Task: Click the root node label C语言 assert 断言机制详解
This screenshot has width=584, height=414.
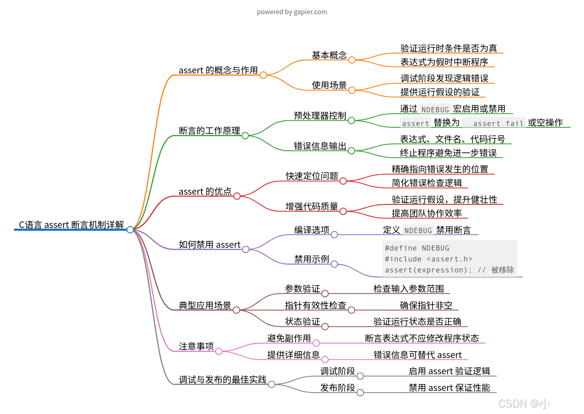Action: [71, 225]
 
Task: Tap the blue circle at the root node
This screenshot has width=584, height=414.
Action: [130, 230]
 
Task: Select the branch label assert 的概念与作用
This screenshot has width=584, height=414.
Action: [218, 70]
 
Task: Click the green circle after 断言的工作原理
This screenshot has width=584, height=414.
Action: [245, 135]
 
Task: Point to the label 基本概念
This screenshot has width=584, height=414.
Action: [329, 55]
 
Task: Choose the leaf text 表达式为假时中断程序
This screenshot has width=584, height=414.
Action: [444, 62]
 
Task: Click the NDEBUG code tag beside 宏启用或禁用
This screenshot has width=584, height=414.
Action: [435, 109]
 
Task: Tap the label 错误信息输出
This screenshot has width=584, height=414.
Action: [320, 146]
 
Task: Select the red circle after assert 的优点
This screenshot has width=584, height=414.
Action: [237, 196]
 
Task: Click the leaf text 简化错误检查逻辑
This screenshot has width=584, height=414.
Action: [427, 183]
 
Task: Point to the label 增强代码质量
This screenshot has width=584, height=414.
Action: [312, 206]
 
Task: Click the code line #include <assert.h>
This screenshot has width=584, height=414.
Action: [428, 259]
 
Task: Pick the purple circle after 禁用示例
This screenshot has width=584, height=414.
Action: [334, 264]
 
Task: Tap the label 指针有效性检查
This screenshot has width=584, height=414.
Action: [316, 305]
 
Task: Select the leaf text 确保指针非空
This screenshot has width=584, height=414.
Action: [426, 305]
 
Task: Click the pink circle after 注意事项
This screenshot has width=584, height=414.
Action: [219, 351]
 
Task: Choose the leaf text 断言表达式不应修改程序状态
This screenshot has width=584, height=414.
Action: [422, 338]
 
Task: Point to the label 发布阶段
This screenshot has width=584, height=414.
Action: [337, 388]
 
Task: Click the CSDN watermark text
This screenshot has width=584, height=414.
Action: [524, 403]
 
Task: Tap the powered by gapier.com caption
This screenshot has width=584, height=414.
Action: [292, 12]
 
